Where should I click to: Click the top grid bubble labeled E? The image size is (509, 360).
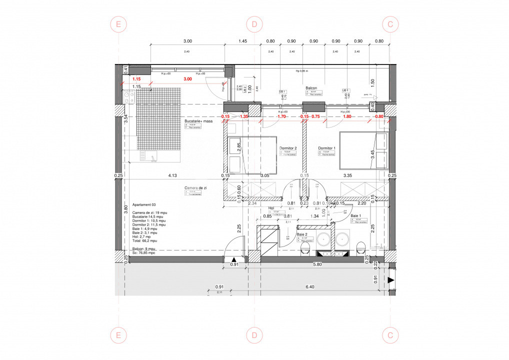118,24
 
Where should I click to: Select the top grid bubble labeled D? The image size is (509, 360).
254,24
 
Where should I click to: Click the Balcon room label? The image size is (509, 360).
312,87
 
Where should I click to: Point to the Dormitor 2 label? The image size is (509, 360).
288,148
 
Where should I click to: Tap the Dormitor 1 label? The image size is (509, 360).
327,148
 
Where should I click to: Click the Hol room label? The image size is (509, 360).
271,208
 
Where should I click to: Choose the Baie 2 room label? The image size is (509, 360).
301,234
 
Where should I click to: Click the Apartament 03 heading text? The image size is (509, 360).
144,205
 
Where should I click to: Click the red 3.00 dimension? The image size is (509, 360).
187,79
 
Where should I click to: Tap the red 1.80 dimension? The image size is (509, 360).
347,116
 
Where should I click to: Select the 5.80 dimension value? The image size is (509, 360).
317,264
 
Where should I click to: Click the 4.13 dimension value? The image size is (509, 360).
172,175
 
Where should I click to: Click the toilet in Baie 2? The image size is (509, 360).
306,248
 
